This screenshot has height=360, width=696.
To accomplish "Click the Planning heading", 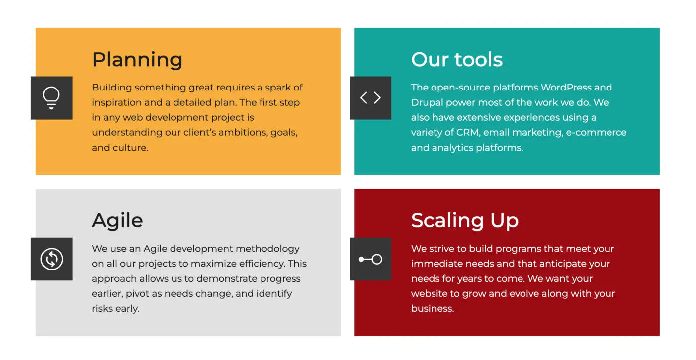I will (137, 60).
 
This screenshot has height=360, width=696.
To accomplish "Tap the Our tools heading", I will (456, 60).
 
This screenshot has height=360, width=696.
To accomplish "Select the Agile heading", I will (117, 220).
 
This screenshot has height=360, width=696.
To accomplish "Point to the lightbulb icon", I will (51, 97).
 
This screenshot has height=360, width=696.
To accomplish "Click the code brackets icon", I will (370, 98).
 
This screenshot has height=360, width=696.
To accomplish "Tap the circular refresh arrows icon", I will (52, 259).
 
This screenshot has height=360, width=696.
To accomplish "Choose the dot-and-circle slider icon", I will (370, 259).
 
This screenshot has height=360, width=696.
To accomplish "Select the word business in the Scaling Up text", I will (432, 309).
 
